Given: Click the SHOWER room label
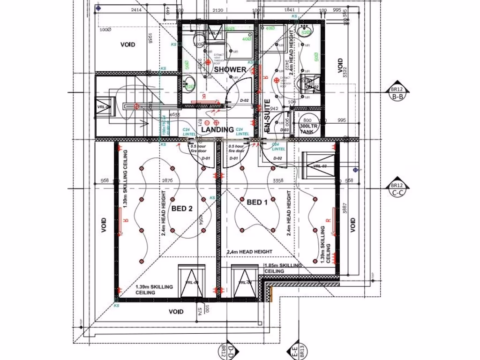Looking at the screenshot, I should (230, 69).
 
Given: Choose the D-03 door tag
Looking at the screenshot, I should (284, 129).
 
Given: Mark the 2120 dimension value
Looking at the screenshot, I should (217, 10).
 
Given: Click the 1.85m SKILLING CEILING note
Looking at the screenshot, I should (283, 268).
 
